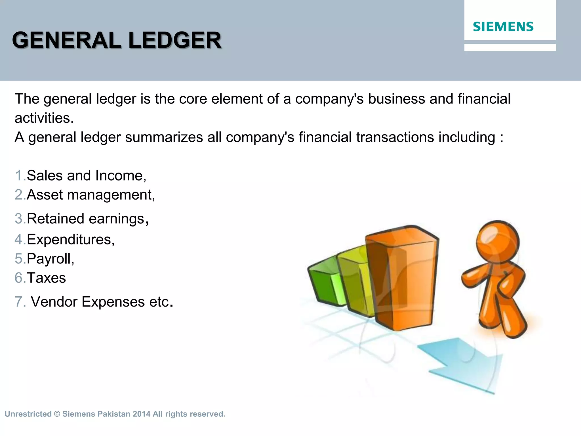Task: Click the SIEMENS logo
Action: [503, 27]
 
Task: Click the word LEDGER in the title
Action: [174, 40]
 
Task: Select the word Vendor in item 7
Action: [54, 301]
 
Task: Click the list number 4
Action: [19, 239]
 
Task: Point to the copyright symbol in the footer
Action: [57, 414]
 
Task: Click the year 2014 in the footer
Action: [141, 414]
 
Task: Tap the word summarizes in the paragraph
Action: [164, 137]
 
